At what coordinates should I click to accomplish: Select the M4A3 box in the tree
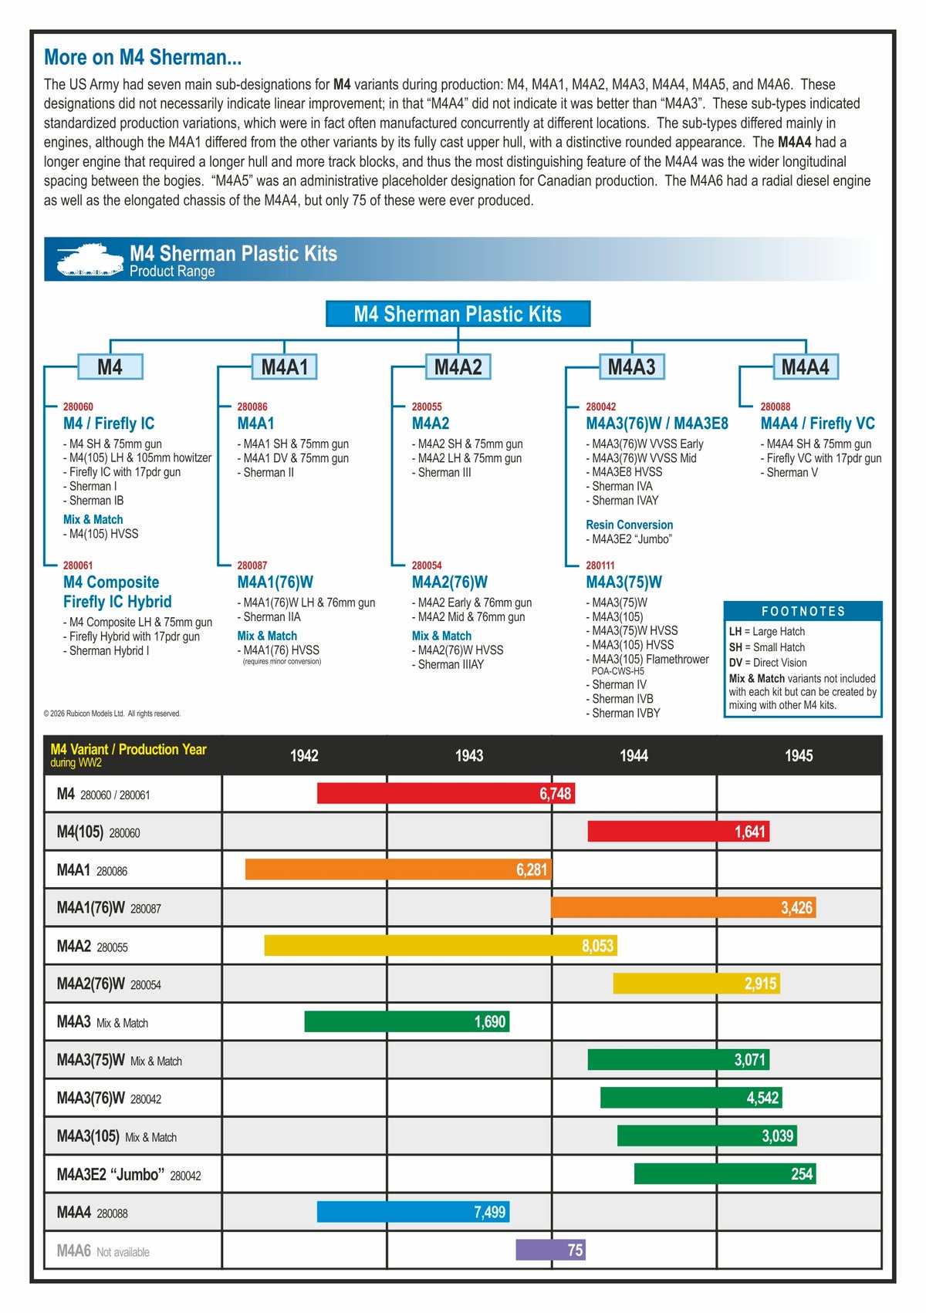pyautogui.click(x=631, y=367)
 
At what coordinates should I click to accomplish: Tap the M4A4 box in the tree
pyautogui.click(x=805, y=367)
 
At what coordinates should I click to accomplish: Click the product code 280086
pyautogui.click(x=252, y=407)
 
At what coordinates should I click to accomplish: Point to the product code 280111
pyautogui.click(x=600, y=565)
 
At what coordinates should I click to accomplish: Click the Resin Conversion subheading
pyautogui.click(x=629, y=525)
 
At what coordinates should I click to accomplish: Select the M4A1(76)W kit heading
pyautogui.click(x=275, y=582)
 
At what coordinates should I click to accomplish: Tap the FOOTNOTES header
pyautogui.click(x=803, y=611)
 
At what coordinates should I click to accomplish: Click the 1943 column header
pyautogui.click(x=469, y=756)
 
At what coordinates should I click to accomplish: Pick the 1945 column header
pyautogui.click(x=799, y=756)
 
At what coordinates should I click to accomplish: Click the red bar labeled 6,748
pyautogui.click(x=445, y=794)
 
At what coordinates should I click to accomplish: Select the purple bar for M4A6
pyautogui.click(x=550, y=1250)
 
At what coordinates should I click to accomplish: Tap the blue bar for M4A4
pyautogui.click(x=413, y=1212)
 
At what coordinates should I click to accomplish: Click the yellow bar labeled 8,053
pyautogui.click(x=440, y=946)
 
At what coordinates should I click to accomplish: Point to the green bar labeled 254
pyautogui.click(x=725, y=1174)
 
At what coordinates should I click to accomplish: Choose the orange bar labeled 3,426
pyautogui.click(x=683, y=908)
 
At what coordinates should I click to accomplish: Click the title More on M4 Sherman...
pyautogui.click(x=143, y=57)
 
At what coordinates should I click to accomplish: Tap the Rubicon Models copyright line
pyautogui.click(x=113, y=714)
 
